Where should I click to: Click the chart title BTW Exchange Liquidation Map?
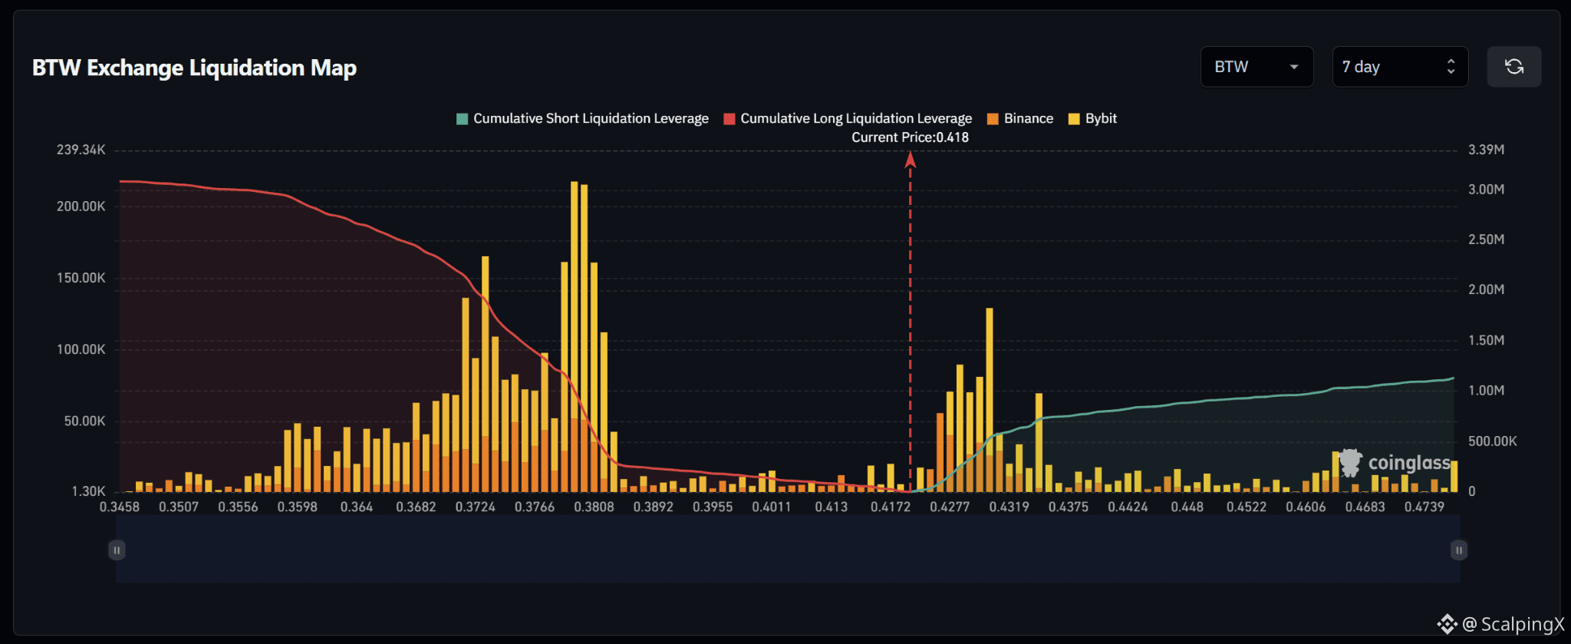pos(194,68)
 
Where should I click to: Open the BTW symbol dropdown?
pos(1256,67)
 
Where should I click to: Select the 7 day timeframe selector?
pos(1400,67)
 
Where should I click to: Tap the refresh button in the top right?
pos(1513,67)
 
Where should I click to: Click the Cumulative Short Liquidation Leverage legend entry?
pos(582,118)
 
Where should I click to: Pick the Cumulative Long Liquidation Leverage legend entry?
pos(848,118)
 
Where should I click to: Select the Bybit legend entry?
pos(1092,118)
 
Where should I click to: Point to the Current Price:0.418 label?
pos(910,137)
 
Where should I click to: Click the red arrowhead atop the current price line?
pos(910,159)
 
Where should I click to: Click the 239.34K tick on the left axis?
pos(81,150)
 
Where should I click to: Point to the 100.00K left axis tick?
pos(81,349)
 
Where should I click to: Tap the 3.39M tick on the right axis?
pos(1486,150)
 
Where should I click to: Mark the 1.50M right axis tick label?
pos(1486,340)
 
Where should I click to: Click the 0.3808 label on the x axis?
pos(594,507)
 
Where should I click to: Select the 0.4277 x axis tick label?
pos(950,507)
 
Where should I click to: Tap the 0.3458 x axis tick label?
pos(120,507)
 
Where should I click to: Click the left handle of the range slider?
pos(117,550)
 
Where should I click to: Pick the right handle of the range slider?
pos(1459,550)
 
